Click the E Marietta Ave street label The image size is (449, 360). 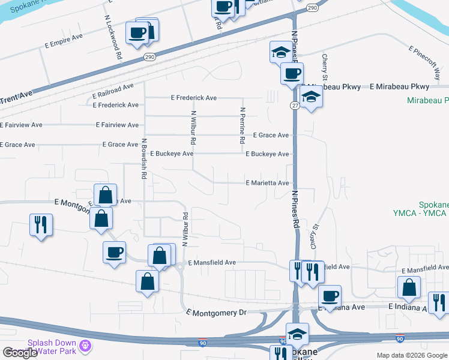[x=267, y=183]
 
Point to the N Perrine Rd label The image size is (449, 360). [x=243, y=125]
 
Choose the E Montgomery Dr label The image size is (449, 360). [x=217, y=313]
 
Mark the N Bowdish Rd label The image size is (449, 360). [x=144, y=159]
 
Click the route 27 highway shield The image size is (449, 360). [x=295, y=105]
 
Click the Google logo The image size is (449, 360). [x=20, y=353]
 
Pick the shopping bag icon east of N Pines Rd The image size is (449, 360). [x=409, y=287]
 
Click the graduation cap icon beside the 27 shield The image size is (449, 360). [x=311, y=96]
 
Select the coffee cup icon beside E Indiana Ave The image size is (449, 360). [x=329, y=295]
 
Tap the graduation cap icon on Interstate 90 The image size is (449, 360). [x=297, y=333]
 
